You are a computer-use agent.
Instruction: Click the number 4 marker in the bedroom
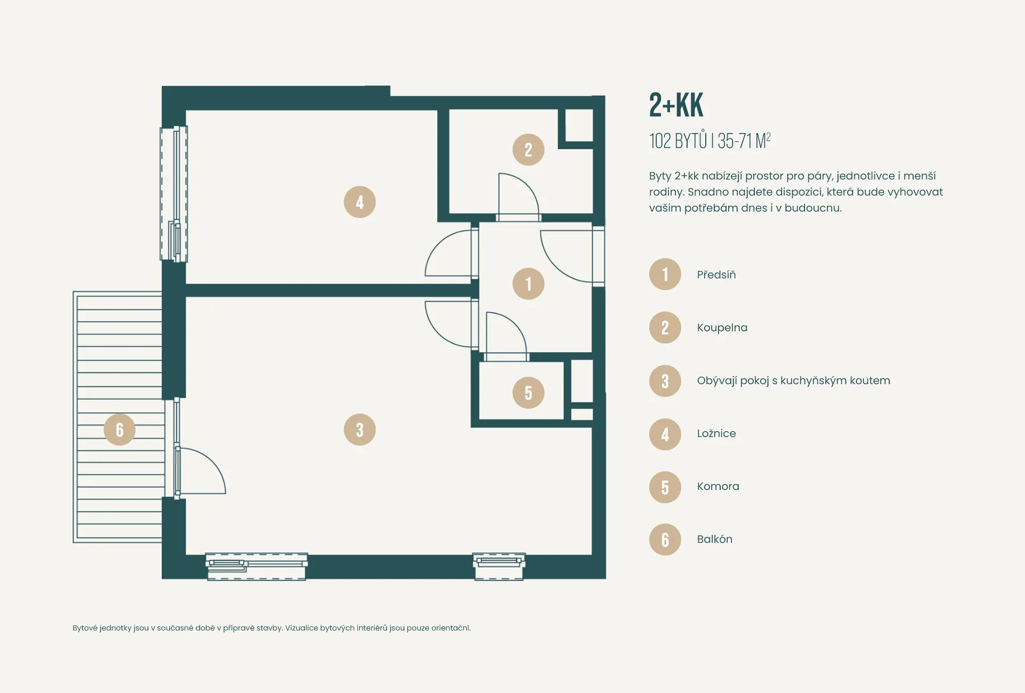(360, 202)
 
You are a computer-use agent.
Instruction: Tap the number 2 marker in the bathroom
(529, 150)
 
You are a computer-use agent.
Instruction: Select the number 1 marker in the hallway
(529, 284)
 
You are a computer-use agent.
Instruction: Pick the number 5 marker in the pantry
(529, 393)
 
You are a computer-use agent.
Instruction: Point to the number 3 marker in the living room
(360, 430)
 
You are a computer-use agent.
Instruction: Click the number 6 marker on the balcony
(120, 430)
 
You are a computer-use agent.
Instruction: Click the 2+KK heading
(676, 105)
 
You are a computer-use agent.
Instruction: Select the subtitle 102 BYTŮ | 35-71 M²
(710, 141)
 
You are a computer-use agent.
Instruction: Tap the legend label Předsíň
(716, 275)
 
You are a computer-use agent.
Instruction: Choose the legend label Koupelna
(722, 328)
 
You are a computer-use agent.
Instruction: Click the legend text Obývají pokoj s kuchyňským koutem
(794, 380)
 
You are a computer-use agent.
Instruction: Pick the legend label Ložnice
(716, 433)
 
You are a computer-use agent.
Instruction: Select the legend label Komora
(718, 486)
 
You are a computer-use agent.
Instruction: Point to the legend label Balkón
(715, 539)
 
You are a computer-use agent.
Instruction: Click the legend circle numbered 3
(665, 381)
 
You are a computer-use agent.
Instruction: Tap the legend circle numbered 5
(665, 487)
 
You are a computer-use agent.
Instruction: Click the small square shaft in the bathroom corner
(579, 126)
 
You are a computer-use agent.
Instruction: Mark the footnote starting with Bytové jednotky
(272, 628)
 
